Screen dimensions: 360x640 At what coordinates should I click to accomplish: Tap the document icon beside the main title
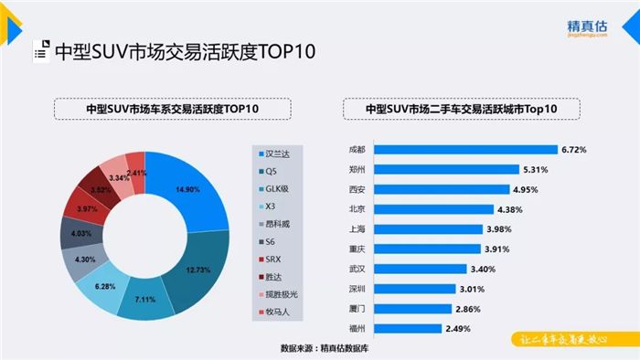tap(39, 50)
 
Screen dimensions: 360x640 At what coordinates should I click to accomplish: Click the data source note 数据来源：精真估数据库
tap(329, 348)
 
